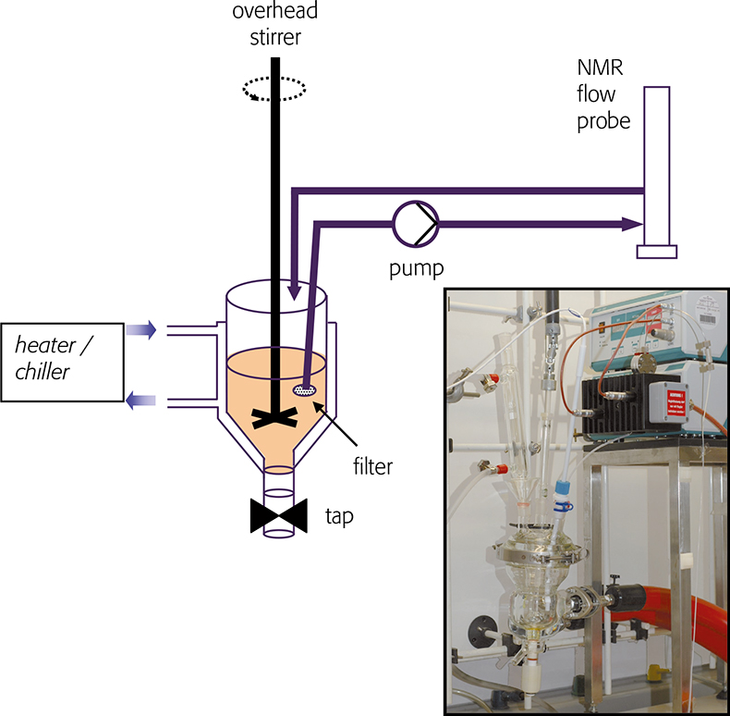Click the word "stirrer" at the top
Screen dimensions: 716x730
(x=275, y=40)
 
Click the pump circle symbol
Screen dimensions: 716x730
(x=415, y=223)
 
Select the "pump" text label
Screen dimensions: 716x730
(x=415, y=268)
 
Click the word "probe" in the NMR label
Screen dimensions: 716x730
(x=603, y=120)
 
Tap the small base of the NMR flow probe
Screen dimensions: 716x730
(x=657, y=252)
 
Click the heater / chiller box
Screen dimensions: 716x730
(x=62, y=362)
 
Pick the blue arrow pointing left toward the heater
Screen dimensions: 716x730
(x=141, y=400)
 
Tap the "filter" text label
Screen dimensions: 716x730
(x=371, y=467)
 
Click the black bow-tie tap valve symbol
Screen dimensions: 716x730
(x=278, y=516)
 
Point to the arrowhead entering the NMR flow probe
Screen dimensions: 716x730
(x=634, y=224)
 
